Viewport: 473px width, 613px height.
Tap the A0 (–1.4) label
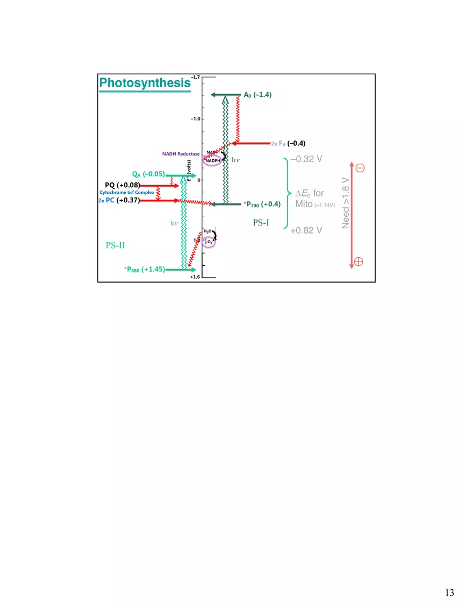click(x=257, y=95)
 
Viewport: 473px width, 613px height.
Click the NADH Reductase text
click(x=181, y=154)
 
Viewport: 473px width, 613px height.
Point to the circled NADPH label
click(x=212, y=160)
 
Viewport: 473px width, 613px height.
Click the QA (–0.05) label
click(x=148, y=174)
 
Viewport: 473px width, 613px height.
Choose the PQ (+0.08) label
click(x=123, y=185)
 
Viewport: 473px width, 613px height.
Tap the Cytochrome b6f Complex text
click(x=127, y=193)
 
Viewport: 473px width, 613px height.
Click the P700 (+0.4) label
click(x=262, y=204)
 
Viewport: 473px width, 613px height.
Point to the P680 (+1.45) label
click(x=145, y=269)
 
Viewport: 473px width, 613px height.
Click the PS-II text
click(x=116, y=245)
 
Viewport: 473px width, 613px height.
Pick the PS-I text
click(x=261, y=222)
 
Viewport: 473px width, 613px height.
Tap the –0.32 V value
click(x=306, y=159)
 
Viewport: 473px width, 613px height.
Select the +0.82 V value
click(x=306, y=230)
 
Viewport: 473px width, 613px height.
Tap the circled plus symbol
click(x=359, y=262)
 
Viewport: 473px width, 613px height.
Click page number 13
click(x=449, y=593)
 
